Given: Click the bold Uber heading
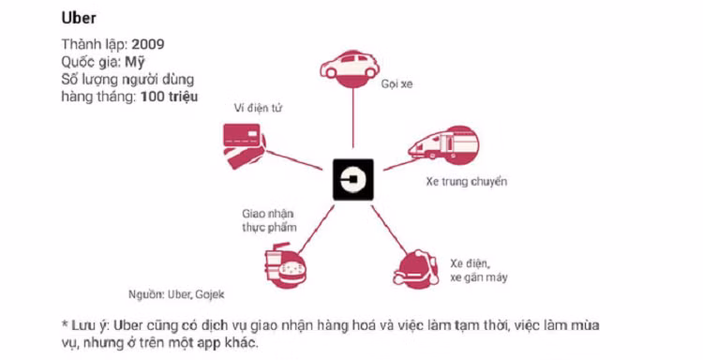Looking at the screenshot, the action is pyautogui.click(x=79, y=17).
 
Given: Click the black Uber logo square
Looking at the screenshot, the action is pyautogui.click(x=352, y=180).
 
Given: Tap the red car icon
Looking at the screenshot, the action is pyautogui.click(x=351, y=66).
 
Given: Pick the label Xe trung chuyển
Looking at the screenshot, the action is pyautogui.click(x=466, y=181).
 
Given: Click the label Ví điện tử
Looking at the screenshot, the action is pyautogui.click(x=258, y=109).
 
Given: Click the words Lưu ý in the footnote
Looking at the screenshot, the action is pyautogui.click(x=92, y=325).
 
